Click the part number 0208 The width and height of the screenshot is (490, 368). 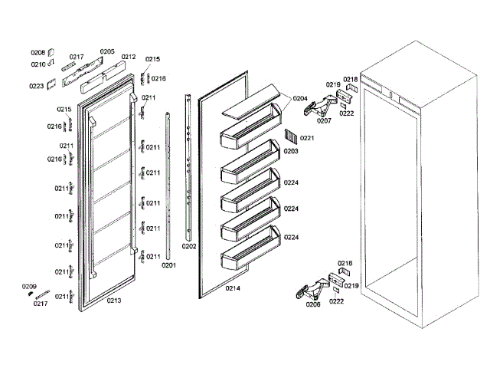pos(38,52)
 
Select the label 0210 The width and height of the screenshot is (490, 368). pos(38,64)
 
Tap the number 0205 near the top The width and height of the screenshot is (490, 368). pos(106,52)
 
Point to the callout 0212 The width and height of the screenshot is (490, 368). pos(128,57)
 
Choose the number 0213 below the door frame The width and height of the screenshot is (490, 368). pos(113,300)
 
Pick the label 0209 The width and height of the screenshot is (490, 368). pos(29,286)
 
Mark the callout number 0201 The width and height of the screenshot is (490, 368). pos(168,265)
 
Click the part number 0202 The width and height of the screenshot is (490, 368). pos(189,246)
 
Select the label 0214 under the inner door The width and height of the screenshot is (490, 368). pos(234,288)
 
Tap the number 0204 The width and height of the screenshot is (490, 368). pos(299,98)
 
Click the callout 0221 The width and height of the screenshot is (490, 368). pos(307,138)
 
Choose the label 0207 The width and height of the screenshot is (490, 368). pos(324,120)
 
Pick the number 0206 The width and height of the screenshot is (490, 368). pos(313,304)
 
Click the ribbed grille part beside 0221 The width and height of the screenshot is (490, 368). pos(289,137)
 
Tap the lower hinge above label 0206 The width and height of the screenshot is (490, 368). pos(310,289)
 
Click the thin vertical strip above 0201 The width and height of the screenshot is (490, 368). pos(169,184)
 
